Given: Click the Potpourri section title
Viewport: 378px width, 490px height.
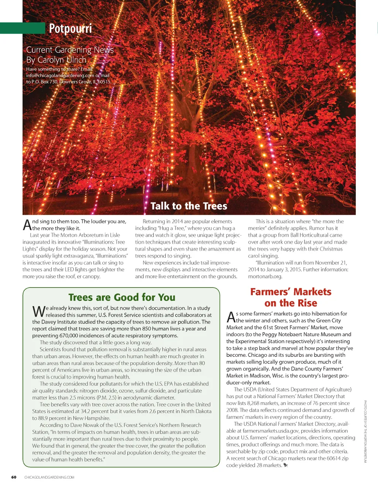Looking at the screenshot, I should coord(70,28).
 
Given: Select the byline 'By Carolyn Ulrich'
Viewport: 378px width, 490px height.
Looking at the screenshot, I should coord(56,60).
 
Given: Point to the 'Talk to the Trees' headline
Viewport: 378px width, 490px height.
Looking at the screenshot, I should coord(189,206).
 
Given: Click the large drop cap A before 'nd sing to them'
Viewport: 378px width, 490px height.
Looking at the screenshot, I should coord(27,225).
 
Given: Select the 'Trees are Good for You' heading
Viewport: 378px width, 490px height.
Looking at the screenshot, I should coord(122,297).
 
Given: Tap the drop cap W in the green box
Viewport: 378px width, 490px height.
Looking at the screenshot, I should coord(38,312).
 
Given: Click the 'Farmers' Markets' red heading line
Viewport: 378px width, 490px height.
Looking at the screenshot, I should coord(291,292).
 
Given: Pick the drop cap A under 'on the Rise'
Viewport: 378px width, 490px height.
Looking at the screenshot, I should coord(231,317).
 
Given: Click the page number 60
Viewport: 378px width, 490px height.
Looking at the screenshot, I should coord(14,477).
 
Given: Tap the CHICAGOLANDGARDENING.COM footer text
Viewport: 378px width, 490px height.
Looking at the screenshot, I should coord(49,477).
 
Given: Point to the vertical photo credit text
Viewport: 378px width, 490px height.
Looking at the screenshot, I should coord(365,431).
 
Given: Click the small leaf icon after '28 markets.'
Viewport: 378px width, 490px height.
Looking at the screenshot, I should coord(286,465).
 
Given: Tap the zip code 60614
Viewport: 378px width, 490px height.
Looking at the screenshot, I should coord(333,458).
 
